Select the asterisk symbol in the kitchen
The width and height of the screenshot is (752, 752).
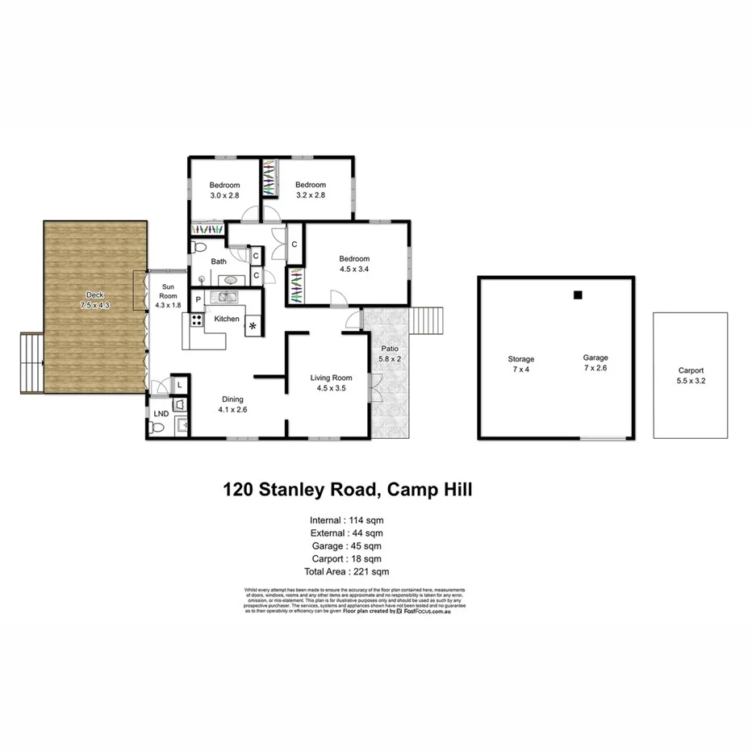coord(254,326)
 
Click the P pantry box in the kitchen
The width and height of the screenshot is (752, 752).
coord(198,299)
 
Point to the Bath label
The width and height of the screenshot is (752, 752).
coord(219,261)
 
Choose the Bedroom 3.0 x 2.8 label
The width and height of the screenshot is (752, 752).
coord(225,190)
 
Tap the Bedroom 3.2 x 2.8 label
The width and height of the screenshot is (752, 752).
coord(310,190)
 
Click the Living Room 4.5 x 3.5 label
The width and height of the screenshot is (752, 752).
coord(332,382)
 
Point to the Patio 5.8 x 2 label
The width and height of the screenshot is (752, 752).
coord(390,353)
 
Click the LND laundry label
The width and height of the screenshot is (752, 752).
coord(161,413)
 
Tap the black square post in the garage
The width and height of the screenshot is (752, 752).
coord(578,295)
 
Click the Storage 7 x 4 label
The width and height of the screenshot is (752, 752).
coord(520,364)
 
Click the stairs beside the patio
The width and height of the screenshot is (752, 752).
coord(428,320)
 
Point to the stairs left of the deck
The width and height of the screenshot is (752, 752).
coord(30,363)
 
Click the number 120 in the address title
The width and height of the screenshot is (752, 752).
coord(240,490)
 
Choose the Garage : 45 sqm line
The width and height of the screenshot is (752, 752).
coord(347,545)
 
